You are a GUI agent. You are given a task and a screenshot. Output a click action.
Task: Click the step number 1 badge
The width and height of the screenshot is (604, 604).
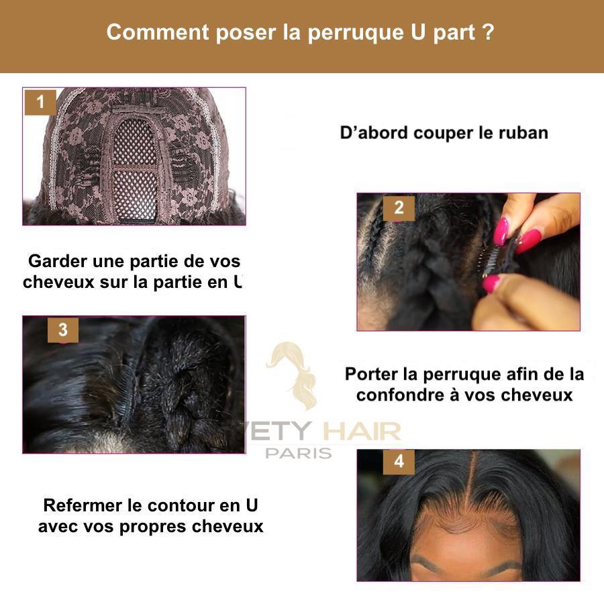coord(40,103)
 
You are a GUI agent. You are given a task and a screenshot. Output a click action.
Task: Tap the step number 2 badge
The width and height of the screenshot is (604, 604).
coord(399,208)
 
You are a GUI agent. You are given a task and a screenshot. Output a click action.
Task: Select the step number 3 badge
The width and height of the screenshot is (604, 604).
coord(62,330)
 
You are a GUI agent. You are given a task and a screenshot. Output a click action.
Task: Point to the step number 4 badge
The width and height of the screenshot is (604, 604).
coord(399,462)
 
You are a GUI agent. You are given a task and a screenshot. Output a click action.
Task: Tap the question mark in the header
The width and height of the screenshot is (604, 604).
coord(489,32)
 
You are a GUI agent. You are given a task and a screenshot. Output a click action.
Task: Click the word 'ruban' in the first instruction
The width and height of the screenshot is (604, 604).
coord(523,132)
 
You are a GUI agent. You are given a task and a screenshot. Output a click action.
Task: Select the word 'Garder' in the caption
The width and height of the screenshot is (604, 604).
coord(57,261)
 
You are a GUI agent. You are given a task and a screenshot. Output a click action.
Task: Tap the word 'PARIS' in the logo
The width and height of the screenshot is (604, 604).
coord(299,453)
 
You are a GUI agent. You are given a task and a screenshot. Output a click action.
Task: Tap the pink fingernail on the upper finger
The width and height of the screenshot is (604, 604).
coord(501,231)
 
